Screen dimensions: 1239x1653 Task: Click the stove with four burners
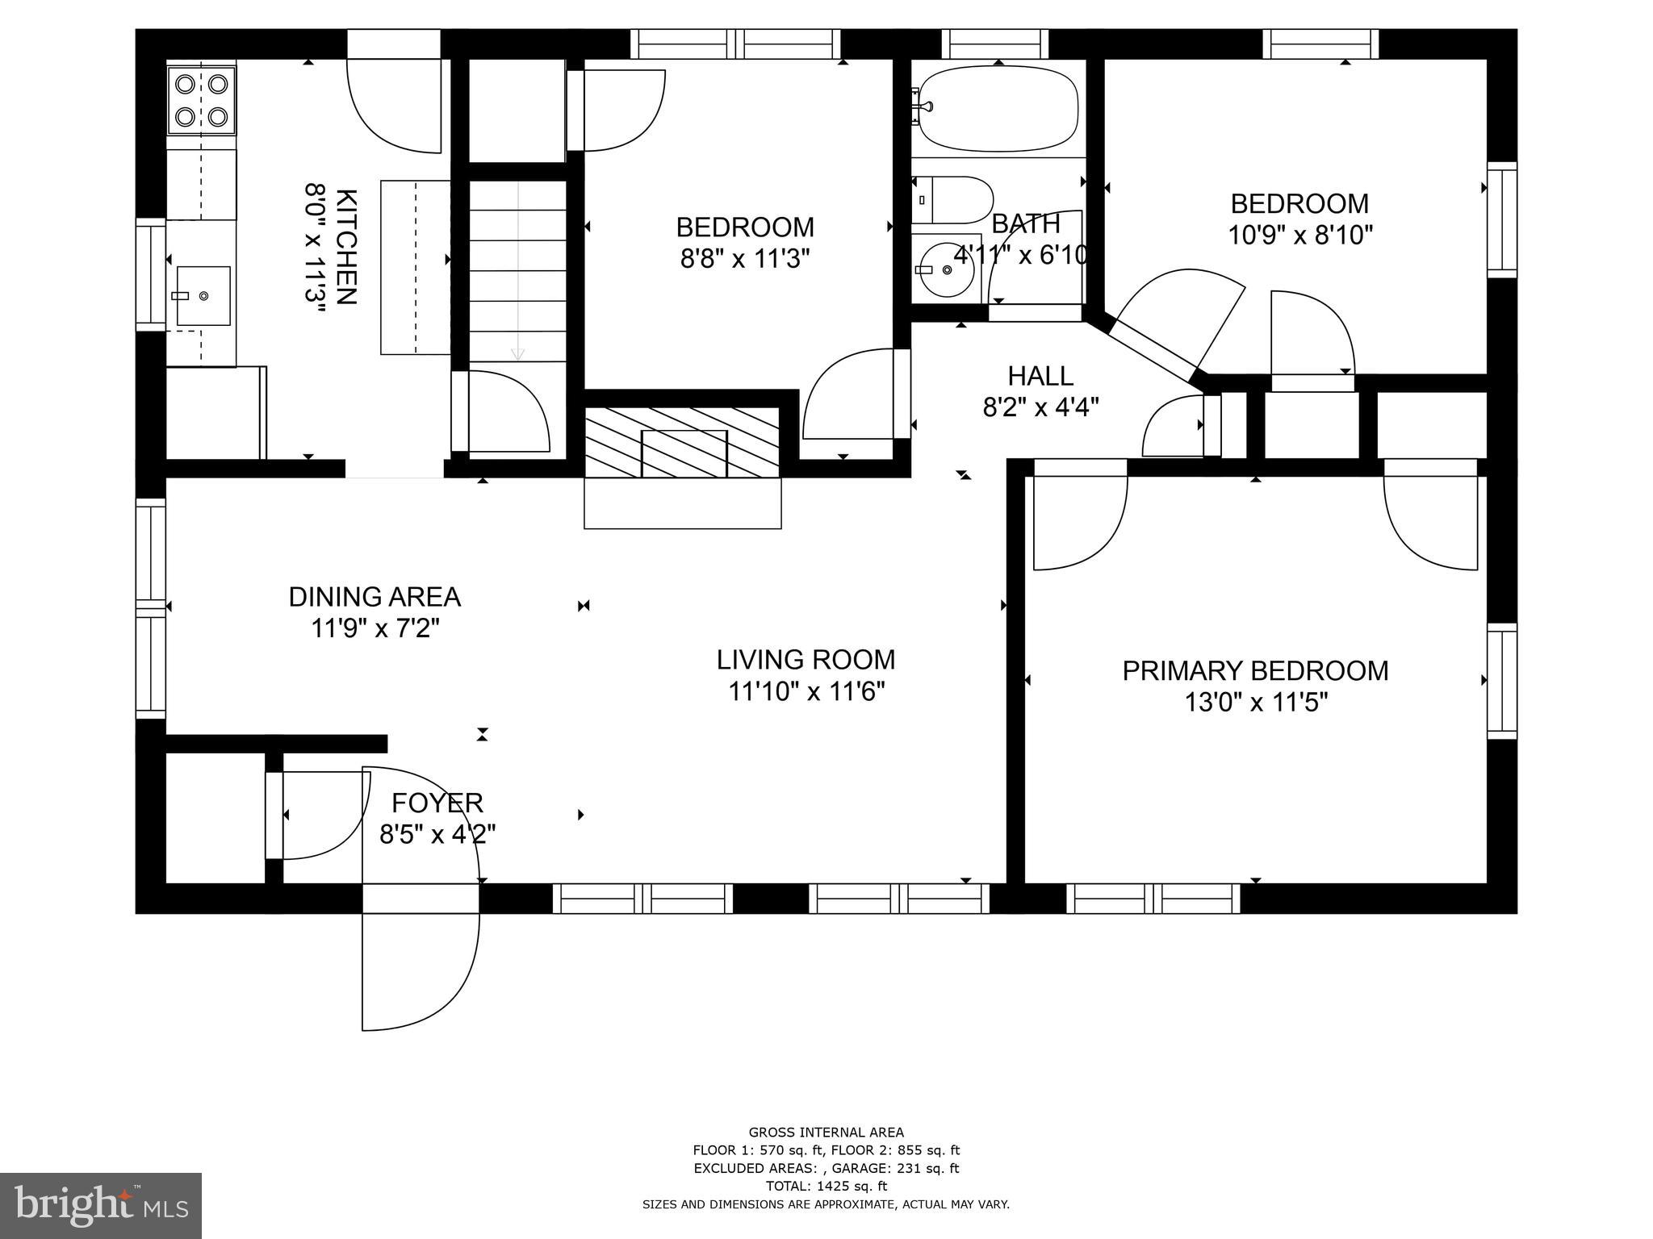tap(202, 100)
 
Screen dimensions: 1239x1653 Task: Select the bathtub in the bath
tap(998, 109)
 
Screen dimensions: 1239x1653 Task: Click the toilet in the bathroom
tap(952, 200)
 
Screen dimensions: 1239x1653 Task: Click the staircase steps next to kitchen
tap(518, 270)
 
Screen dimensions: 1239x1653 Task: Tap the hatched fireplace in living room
tap(682, 443)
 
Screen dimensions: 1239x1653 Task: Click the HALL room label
tap(1040, 376)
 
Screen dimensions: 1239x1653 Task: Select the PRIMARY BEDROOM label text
tap(1255, 671)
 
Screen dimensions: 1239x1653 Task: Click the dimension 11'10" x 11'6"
tap(806, 692)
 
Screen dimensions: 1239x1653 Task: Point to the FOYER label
tap(437, 803)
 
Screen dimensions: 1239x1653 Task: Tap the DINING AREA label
tap(375, 597)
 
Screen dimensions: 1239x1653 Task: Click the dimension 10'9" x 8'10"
tap(1299, 236)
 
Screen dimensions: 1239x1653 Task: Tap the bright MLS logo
tap(100, 1205)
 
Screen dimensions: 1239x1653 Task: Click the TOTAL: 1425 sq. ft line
tap(826, 1186)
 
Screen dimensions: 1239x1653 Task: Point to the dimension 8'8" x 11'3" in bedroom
tap(744, 259)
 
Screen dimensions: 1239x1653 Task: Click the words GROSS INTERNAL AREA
tap(826, 1133)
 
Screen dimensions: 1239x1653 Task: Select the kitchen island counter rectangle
tap(415, 267)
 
